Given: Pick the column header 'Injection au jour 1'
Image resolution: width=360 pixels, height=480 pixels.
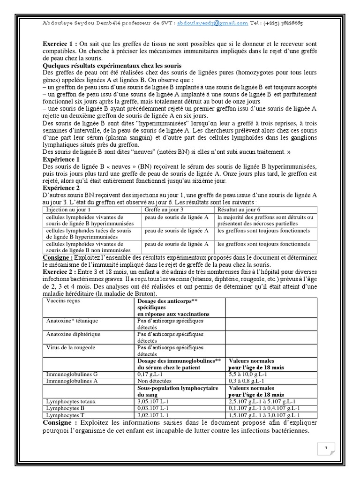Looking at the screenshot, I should [x=68, y=210].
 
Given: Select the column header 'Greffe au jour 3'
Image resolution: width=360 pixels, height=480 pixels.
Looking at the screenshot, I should [x=164, y=210].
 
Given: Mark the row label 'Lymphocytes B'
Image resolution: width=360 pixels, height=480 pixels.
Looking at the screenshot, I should [x=63, y=408].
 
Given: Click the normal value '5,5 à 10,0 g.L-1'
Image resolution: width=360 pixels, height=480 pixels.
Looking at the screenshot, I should [x=247, y=375].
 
